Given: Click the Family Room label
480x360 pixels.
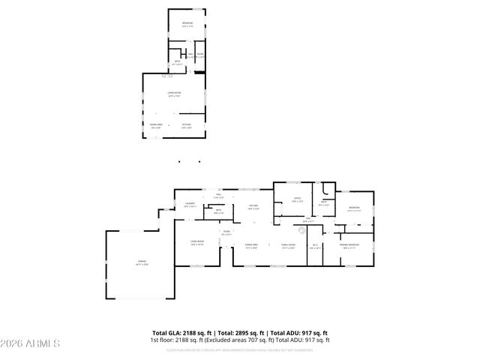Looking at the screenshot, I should (x=289, y=246).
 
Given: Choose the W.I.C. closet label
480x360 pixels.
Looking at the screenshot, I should (x=315, y=246).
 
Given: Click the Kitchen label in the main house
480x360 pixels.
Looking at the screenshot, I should (x=254, y=207).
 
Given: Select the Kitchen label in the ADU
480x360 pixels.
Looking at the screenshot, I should (x=186, y=125).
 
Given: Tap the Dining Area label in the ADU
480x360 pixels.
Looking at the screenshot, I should (x=155, y=125).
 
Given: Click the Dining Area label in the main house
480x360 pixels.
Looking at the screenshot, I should (x=251, y=246).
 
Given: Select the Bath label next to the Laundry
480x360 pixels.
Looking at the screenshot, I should (x=218, y=211).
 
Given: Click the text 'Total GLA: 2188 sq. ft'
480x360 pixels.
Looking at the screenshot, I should (x=182, y=332).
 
